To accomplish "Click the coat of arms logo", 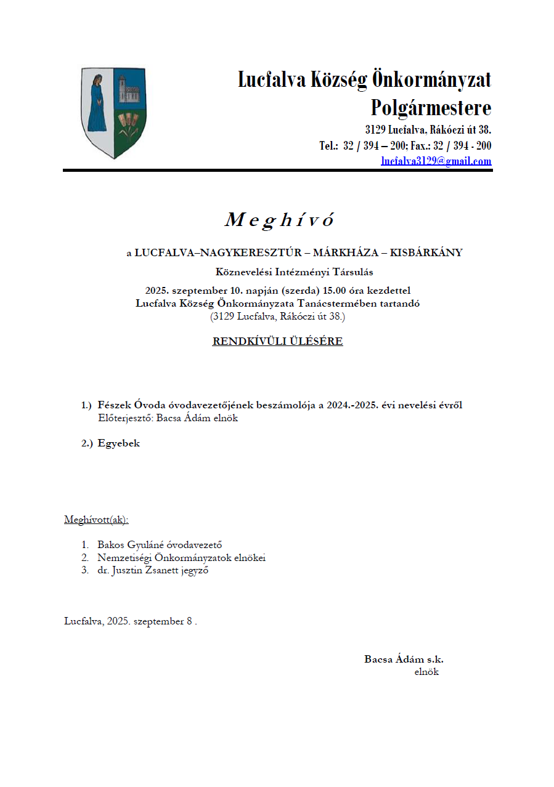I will (114, 113).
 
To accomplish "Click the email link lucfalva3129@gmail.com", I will (436, 161).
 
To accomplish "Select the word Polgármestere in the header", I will (431, 108).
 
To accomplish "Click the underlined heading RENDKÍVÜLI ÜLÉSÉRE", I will (277, 341).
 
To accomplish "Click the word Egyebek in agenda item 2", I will (118, 443).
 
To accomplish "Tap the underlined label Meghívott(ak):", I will (96, 520).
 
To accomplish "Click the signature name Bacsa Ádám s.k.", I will (404, 660).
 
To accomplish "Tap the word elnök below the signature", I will (426, 672).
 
